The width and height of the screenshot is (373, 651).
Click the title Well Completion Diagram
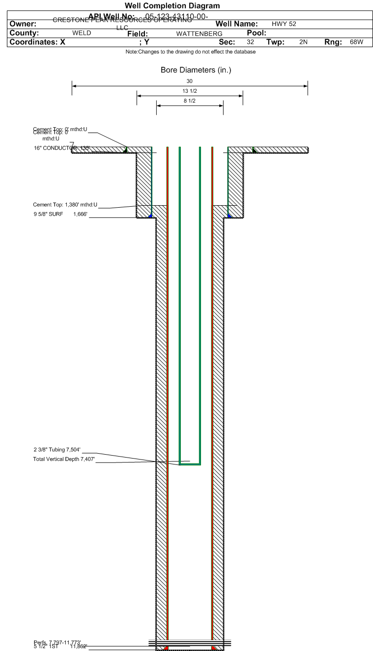tap(172, 6)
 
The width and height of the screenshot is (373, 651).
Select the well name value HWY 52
tap(284, 24)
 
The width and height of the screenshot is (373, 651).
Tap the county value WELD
tap(82, 33)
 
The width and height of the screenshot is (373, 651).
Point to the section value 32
tap(250, 42)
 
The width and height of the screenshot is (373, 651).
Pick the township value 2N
tap(303, 42)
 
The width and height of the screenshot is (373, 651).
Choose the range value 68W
tap(356, 42)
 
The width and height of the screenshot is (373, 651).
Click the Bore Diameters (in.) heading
tap(196, 70)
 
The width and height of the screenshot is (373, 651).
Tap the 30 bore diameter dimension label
tap(190, 81)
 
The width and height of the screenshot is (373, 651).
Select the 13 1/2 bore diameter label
tap(190, 91)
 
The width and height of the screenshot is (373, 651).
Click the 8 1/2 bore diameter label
tap(190, 101)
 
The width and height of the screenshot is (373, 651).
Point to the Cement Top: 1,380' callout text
tap(65, 205)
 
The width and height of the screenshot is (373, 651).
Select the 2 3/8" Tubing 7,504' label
tap(57, 449)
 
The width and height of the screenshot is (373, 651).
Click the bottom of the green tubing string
tap(190, 463)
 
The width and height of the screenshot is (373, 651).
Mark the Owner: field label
tap(23, 24)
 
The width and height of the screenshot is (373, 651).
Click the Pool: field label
tap(256, 33)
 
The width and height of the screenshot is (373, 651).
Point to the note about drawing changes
tap(190, 52)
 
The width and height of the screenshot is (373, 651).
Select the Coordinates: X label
tap(37, 42)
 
